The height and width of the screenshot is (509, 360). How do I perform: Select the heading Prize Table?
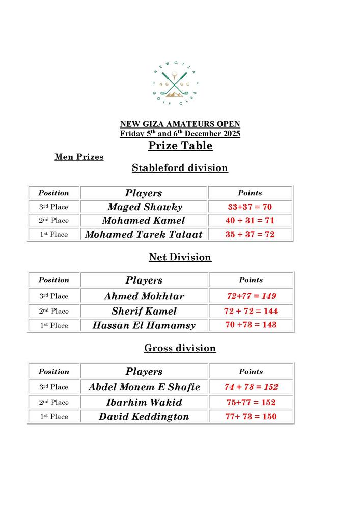[180, 146]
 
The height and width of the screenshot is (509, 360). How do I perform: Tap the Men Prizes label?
[79, 157]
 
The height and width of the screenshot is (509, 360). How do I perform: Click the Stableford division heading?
[180, 168]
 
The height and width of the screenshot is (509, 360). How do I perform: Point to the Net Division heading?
[180, 258]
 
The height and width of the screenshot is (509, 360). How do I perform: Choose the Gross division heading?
[180, 348]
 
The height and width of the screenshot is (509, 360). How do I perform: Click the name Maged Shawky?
[145, 207]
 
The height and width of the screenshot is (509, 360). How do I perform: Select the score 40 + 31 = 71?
[250, 221]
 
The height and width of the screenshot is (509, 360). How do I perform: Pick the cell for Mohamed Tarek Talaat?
[144, 235]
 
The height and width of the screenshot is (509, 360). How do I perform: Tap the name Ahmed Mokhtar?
[144, 296]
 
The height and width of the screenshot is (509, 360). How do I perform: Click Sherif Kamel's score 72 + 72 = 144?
[251, 311]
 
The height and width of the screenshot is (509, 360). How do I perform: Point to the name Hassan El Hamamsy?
[144, 325]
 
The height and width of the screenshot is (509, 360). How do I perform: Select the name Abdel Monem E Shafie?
[144, 387]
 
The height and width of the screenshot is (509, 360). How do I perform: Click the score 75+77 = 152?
[251, 402]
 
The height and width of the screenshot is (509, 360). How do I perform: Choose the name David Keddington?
[144, 417]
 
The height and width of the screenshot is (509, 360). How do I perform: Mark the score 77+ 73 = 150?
[251, 417]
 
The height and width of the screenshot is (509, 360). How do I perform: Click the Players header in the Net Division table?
[144, 280]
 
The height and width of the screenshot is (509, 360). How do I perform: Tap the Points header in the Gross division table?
[251, 372]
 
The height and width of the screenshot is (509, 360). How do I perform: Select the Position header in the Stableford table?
[53, 193]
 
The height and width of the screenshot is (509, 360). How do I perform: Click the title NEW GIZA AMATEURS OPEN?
[180, 124]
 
